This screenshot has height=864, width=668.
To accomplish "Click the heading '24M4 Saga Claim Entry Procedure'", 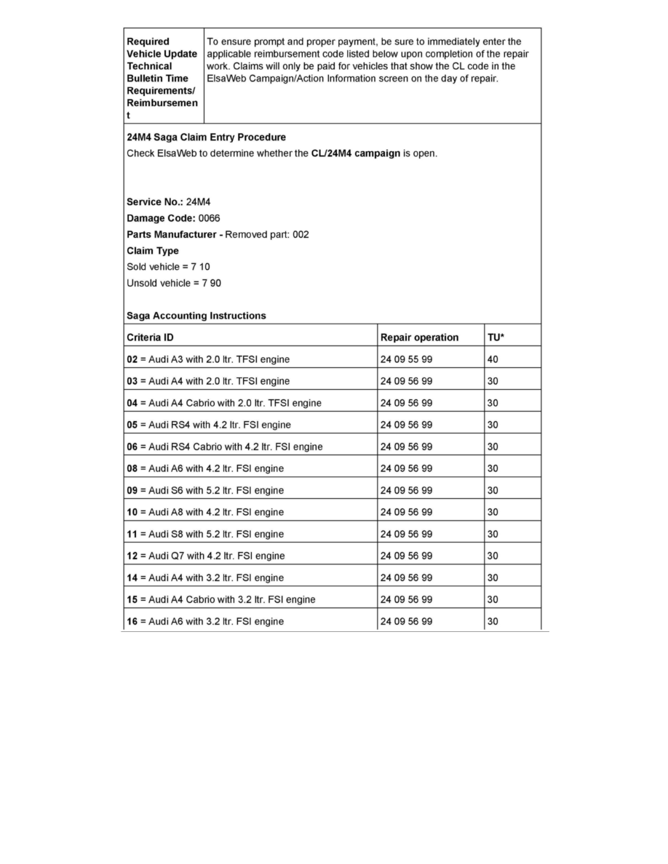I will click(x=206, y=137).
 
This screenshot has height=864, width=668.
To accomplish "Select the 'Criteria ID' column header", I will click(x=150, y=337).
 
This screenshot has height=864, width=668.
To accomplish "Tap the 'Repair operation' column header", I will click(x=419, y=337).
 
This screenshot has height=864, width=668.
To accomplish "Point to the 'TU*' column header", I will click(x=496, y=337).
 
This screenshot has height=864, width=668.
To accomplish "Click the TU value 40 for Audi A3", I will click(x=493, y=359).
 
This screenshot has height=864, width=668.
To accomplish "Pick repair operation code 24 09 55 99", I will click(x=406, y=359).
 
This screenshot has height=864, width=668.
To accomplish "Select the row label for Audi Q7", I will click(x=206, y=556).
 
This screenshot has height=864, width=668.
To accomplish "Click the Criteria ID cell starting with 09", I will click(x=205, y=490).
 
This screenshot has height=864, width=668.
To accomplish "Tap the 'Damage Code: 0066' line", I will click(x=173, y=218).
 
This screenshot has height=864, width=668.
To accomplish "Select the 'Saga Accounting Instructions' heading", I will click(x=196, y=316).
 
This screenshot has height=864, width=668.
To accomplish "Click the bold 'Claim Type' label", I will click(x=152, y=251).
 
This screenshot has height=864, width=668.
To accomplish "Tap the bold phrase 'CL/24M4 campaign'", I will click(x=351, y=153).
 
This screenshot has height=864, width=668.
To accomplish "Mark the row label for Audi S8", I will click(x=205, y=534).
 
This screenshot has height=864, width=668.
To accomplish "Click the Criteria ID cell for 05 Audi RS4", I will click(x=209, y=425).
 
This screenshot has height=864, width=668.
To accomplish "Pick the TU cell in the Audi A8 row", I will click(x=493, y=512).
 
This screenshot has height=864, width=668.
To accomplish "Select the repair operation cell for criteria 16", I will click(x=406, y=621).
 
